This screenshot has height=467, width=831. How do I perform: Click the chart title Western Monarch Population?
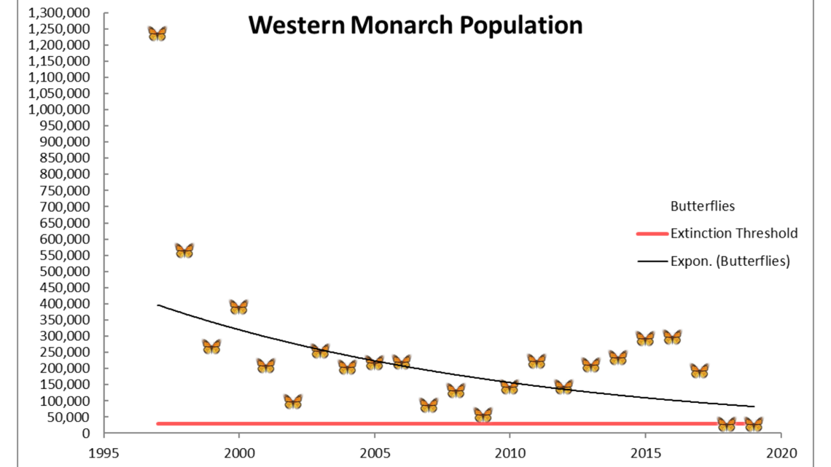click(415, 25)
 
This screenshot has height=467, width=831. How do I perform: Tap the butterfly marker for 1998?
click(184, 251)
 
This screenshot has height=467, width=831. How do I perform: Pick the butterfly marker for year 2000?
click(238, 307)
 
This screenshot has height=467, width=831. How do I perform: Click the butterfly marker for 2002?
click(293, 401)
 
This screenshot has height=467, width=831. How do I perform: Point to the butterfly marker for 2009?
click(483, 415)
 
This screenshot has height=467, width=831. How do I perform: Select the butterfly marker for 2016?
click(672, 337)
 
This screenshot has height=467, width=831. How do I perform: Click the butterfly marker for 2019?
click(753, 425)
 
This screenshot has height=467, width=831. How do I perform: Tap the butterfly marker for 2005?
click(374, 363)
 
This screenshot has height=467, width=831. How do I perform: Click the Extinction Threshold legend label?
click(733, 234)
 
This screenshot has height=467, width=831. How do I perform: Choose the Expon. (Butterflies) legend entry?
click(730, 261)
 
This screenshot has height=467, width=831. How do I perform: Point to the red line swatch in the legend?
click(652, 234)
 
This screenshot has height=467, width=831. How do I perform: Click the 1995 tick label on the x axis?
click(104, 450)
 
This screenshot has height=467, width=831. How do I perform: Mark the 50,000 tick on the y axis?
click(69, 417)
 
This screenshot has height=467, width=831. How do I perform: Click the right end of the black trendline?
click(753, 406)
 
